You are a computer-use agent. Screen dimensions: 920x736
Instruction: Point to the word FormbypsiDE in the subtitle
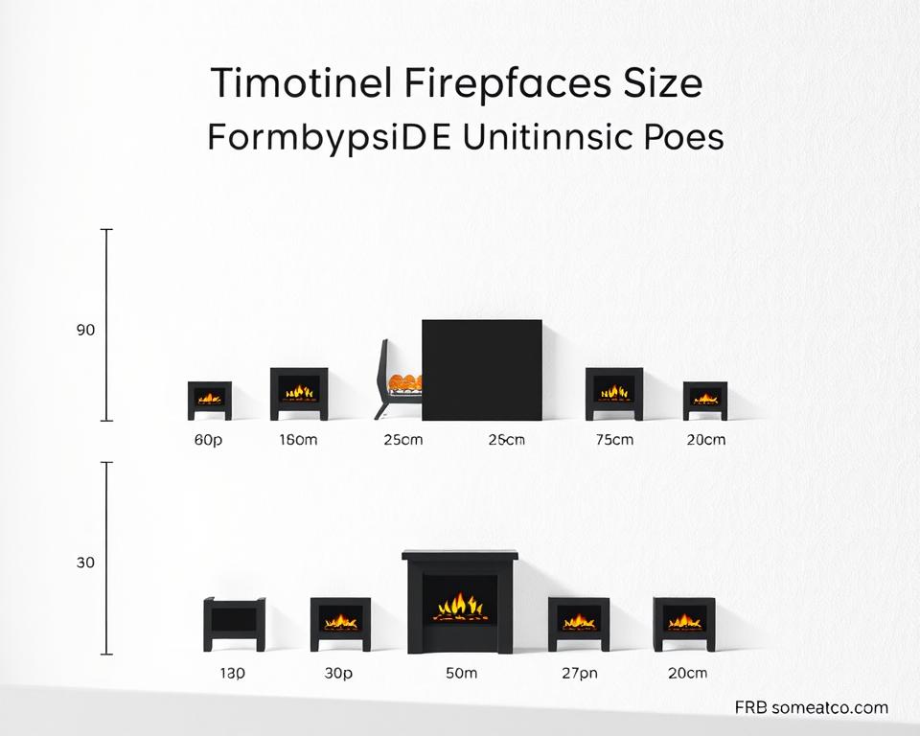click(x=329, y=139)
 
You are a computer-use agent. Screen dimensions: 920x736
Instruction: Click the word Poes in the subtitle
click(x=682, y=137)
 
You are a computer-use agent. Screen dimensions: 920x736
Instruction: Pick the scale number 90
click(x=85, y=330)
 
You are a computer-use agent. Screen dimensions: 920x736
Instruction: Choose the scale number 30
click(x=85, y=563)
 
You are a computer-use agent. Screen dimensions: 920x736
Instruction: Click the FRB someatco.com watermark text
click(x=812, y=707)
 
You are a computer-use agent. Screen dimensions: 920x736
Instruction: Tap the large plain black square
click(x=482, y=370)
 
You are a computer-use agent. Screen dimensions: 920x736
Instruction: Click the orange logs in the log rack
click(x=404, y=382)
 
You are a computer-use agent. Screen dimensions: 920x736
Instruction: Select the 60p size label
click(x=208, y=440)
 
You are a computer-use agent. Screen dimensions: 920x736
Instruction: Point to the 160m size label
click(x=298, y=440)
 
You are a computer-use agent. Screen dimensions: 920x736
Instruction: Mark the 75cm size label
click(x=614, y=440)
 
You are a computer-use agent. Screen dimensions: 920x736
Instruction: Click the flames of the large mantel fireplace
click(x=461, y=607)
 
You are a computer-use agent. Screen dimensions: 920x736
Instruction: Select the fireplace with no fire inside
click(x=234, y=624)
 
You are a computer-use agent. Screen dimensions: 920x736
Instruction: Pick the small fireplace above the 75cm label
click(x=614, y=394)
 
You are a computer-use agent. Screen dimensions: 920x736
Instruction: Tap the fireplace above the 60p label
click(x=210, y=401)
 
